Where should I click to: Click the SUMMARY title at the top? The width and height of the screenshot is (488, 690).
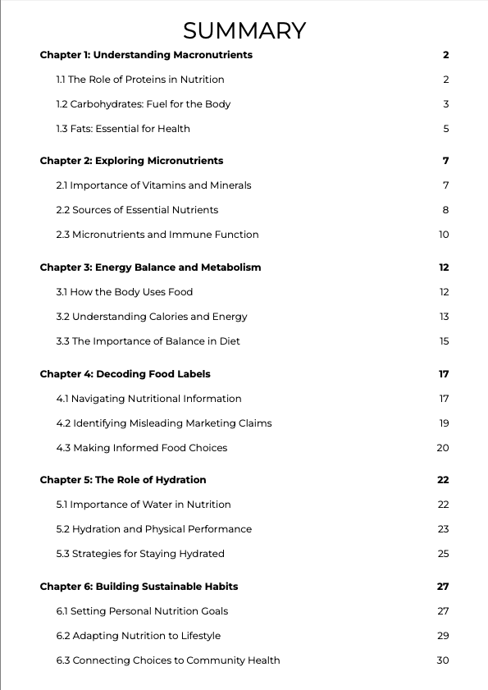(x=244, y=31)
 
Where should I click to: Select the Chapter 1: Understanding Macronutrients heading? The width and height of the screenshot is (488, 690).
(x=146, y=55)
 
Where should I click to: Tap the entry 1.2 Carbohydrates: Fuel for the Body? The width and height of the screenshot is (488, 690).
(x=144, y=104)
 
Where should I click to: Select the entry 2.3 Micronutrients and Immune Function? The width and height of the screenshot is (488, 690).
(x=157, y=235)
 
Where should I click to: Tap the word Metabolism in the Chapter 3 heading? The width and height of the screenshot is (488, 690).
(x=232, y=267)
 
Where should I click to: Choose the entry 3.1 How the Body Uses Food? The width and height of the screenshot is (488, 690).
(x=125, y=292)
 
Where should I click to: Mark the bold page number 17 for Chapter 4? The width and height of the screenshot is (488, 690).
(x=444, y=374)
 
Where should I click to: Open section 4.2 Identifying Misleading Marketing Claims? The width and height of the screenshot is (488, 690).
(x=164, y=423)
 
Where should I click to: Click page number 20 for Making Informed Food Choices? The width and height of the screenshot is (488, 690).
(x=443, y=448)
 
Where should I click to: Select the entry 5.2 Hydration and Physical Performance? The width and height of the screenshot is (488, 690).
(x=154, y=529)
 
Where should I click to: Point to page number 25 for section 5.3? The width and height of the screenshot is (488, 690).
(x=443, y=554)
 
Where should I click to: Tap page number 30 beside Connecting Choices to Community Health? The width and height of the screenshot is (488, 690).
(x=443, y=660)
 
